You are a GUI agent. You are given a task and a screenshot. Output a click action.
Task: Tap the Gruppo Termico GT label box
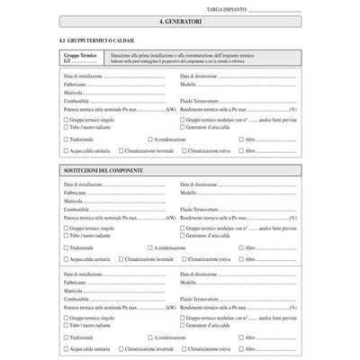(80, 58)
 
